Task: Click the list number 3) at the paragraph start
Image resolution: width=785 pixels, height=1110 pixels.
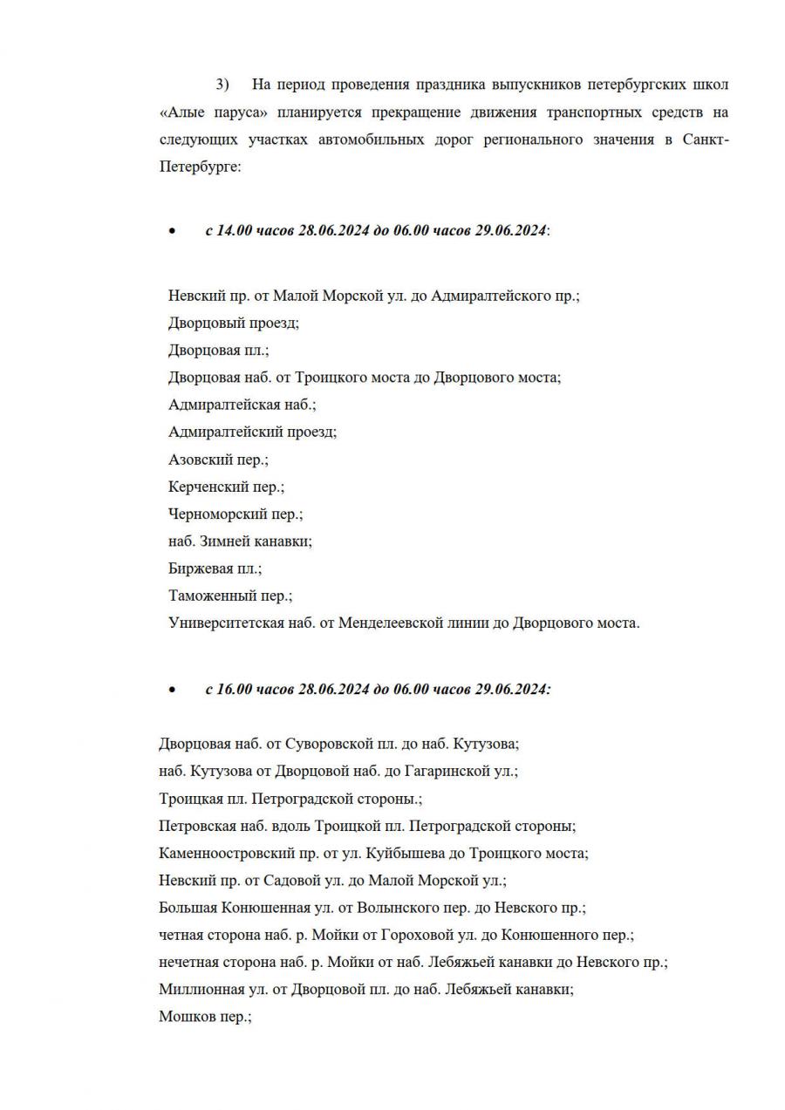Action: pyautogui.click(x=222, y=85)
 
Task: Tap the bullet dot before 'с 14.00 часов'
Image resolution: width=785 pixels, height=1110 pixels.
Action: pyautogui.click(x=172, y=231)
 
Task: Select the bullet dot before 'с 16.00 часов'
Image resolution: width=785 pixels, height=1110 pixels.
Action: pyautogui.click(x=172, y=690)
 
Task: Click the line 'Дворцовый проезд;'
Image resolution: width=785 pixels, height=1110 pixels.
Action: pyautogui.click(x=233, y=323)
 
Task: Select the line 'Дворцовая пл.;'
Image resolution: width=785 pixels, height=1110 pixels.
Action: pyautogui.click(x=218, y=351)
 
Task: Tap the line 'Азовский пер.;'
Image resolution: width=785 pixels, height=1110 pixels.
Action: pyautogui.click(x=218, y=460)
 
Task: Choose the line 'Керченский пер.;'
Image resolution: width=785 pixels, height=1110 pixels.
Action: pyautogui.click(x=226, y=487)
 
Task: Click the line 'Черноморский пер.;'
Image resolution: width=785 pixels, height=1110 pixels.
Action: pyautogui.click(x=235, y=514)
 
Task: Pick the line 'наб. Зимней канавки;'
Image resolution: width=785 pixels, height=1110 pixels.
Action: pyautogui.click(x=240, y=541)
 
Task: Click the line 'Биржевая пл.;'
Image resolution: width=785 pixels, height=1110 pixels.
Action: pyautogui.click(x=215, y=569)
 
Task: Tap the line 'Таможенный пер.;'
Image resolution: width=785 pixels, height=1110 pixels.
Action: pyautogui.click(x=230, y=596)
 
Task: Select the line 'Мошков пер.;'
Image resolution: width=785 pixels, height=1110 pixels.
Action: pyautogui.click(x=205, y=1017)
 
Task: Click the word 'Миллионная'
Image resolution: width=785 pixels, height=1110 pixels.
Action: pyautogui.click(x=197, y=990)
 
